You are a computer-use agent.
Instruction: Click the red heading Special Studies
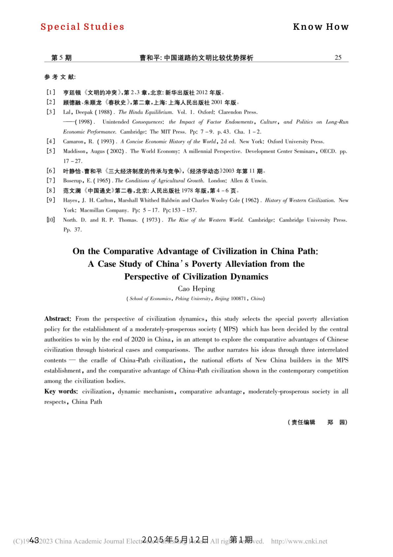click(82, 27)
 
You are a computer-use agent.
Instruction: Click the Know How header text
click(321, 27)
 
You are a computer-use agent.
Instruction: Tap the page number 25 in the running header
click(338, 58)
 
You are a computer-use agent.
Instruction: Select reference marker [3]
click(51, 112)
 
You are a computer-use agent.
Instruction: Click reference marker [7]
click(51, 180)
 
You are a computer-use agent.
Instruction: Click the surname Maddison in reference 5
click(75, 151)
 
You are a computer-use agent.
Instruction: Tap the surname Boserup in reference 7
click(73, 180)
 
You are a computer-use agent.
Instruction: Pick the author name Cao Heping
click(196, 289)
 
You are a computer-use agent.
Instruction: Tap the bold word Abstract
click(57, 319)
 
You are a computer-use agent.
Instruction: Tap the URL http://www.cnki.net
click(299, 541)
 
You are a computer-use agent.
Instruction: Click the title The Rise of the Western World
click(206, 220)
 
